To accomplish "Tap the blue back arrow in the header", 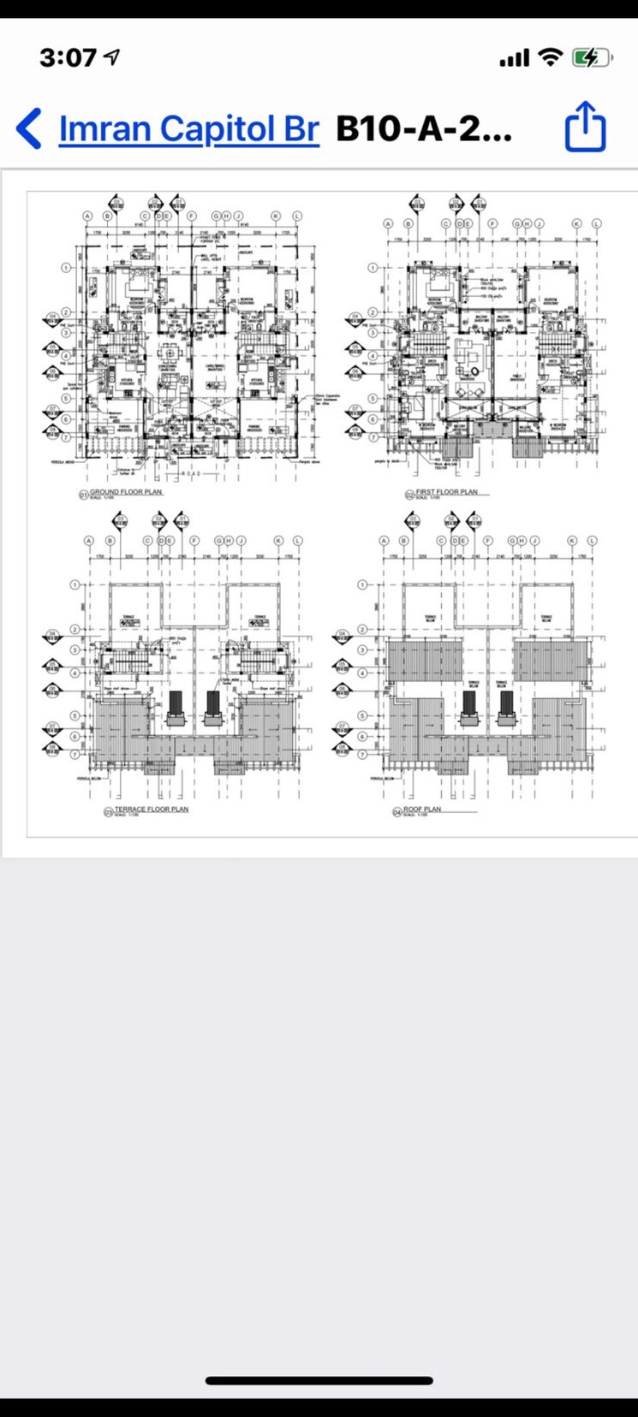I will pos(28,128).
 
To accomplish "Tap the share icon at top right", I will pos(586,127).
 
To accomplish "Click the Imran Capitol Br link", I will pos(188,128).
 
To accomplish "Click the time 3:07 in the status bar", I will pos(69,58).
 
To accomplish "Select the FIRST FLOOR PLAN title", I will pos(446,492).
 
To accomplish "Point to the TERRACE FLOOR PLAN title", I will pos(152,809).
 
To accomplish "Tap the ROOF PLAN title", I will pos(422,809).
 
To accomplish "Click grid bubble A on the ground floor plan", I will pos(87,216).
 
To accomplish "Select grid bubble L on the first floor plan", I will pos(597,223).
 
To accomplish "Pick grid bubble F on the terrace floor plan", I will pos(194,541).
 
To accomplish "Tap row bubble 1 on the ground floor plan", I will pos(66,268).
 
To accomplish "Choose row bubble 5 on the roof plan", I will pos(362,715).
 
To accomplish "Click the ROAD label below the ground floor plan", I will pos(189,472).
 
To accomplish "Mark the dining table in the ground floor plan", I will pos(170,353).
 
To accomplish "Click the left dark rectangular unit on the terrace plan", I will pos(176,705).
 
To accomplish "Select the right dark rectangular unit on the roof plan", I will pos(506,703).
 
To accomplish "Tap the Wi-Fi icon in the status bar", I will pos(550,58).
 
